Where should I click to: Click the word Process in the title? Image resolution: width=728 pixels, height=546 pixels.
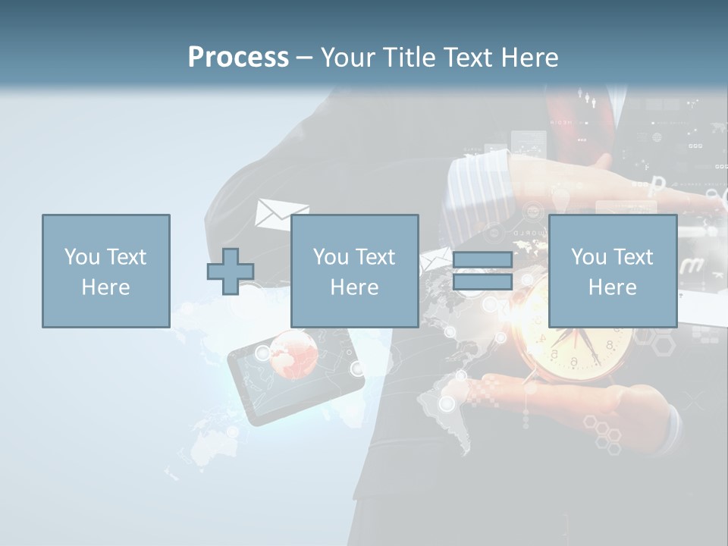pyautogui.click(x=238, y=58)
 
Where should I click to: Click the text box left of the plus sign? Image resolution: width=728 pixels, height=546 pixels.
pyautogui.click(x=105, y=271)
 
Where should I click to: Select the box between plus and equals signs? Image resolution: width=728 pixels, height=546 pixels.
pyautogui.click(x=354, y=271)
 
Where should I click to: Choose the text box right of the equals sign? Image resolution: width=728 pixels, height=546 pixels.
pyautogui.click(x=612, y=271)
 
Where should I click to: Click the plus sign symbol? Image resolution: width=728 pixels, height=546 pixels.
pyautogui.click(x=231, y=271)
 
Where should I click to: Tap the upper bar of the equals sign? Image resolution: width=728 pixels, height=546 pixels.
pyautogui.click(x=482, y=260)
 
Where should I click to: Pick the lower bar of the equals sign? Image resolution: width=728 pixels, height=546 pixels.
pyautogui.click(x=482, y=282)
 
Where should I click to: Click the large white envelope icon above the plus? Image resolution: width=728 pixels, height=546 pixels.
pyautogui.click(x=281, y=214)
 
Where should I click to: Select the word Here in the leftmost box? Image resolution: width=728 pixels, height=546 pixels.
pyautogui.click(x=105, y=287)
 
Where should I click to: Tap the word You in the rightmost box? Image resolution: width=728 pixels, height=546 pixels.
pyautogui.click(x=588, y=257)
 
